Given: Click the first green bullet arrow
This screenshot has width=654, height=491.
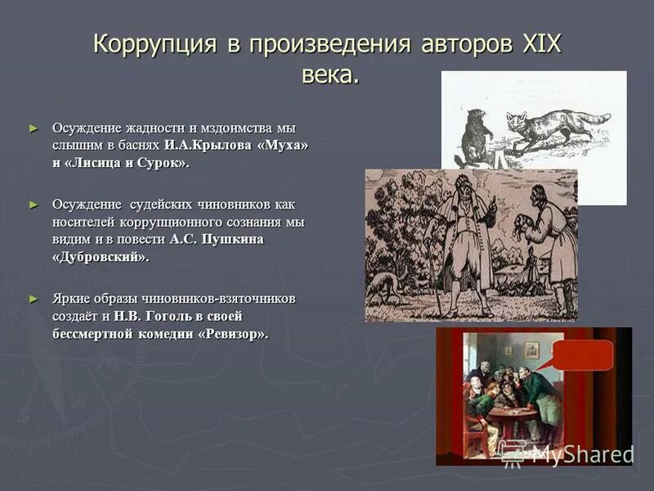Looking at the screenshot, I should point(34,128).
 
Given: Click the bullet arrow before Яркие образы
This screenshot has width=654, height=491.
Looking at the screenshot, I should point(34,298).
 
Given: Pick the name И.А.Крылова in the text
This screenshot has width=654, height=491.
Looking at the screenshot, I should point(215,146).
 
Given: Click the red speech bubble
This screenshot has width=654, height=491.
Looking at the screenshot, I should point(582,355).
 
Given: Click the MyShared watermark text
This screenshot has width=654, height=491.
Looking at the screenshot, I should point(582,454).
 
